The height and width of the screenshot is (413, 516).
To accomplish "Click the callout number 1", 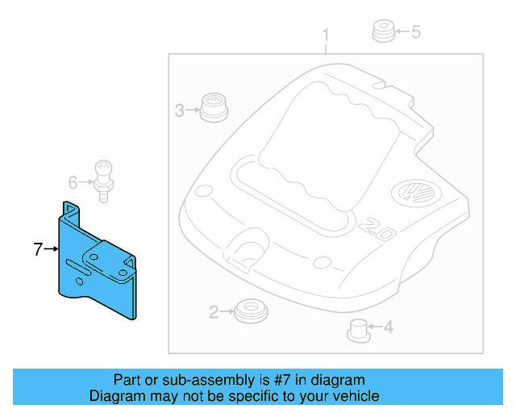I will pos(327,35).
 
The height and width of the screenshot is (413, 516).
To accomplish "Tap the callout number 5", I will pos(416,32).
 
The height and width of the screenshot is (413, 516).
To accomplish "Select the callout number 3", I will pos(180,111).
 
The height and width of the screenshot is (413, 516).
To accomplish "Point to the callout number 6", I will pos(72,182).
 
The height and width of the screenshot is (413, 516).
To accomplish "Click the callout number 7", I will pos(38,250).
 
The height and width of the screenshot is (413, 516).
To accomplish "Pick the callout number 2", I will pos(214,312).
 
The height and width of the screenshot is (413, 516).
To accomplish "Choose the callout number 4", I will pos(388,327).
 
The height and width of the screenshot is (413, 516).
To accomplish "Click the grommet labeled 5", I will pos(382,32).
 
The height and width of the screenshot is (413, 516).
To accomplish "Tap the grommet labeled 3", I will pos(214,108).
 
